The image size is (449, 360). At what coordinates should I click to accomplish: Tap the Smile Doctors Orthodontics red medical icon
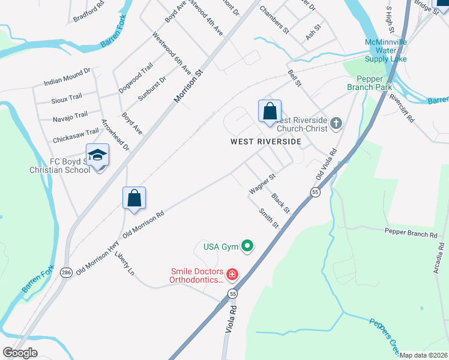click(231, 275)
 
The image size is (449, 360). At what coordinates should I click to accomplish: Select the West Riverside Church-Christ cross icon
click(336, 124)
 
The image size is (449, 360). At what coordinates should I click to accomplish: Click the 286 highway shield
click(65, 273)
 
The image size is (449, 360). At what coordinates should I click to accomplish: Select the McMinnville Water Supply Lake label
click(386, 50)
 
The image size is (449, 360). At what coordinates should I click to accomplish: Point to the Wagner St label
click(262, 184)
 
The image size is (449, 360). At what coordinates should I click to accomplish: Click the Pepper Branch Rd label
click(411, 233)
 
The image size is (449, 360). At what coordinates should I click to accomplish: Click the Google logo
click(20, 353)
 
